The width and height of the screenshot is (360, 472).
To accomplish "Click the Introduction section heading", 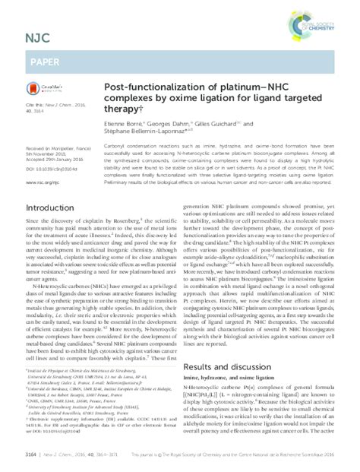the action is point(38,207).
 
